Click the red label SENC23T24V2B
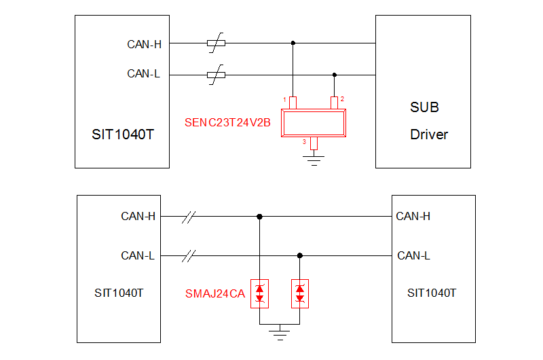coord(227,123)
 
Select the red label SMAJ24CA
coord(215,294)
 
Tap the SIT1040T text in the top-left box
coord(123,134)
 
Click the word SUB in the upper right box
coord(424,107)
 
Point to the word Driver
coord(429,134)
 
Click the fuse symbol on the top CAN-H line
coord(216,43)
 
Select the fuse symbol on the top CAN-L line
coord(216,75)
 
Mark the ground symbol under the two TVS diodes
coord(279,331)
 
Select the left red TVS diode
coord(259,293)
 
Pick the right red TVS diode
coord(300,293)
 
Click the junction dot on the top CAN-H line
coord(293,43)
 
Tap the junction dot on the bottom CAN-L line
coord(300,256)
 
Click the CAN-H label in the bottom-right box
coord(413,217)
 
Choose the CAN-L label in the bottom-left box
coord(138,256)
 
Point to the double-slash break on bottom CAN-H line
coord(189,217)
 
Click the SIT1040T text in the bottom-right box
coord(432,293)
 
